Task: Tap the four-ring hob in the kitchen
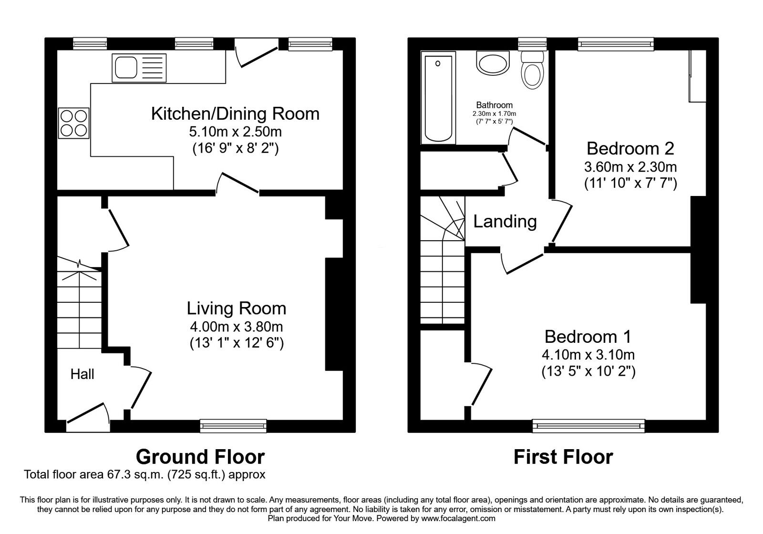74,123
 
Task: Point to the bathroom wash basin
493,64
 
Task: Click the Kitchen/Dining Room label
235,114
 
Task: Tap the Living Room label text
236,308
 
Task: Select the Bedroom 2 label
630,149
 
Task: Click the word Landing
505,222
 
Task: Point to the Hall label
82,375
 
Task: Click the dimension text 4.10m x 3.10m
588,355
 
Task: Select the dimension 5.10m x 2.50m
235,132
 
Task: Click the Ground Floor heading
200,457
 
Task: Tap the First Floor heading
563,457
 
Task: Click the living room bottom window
233,425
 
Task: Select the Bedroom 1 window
588,425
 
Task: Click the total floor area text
144,475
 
